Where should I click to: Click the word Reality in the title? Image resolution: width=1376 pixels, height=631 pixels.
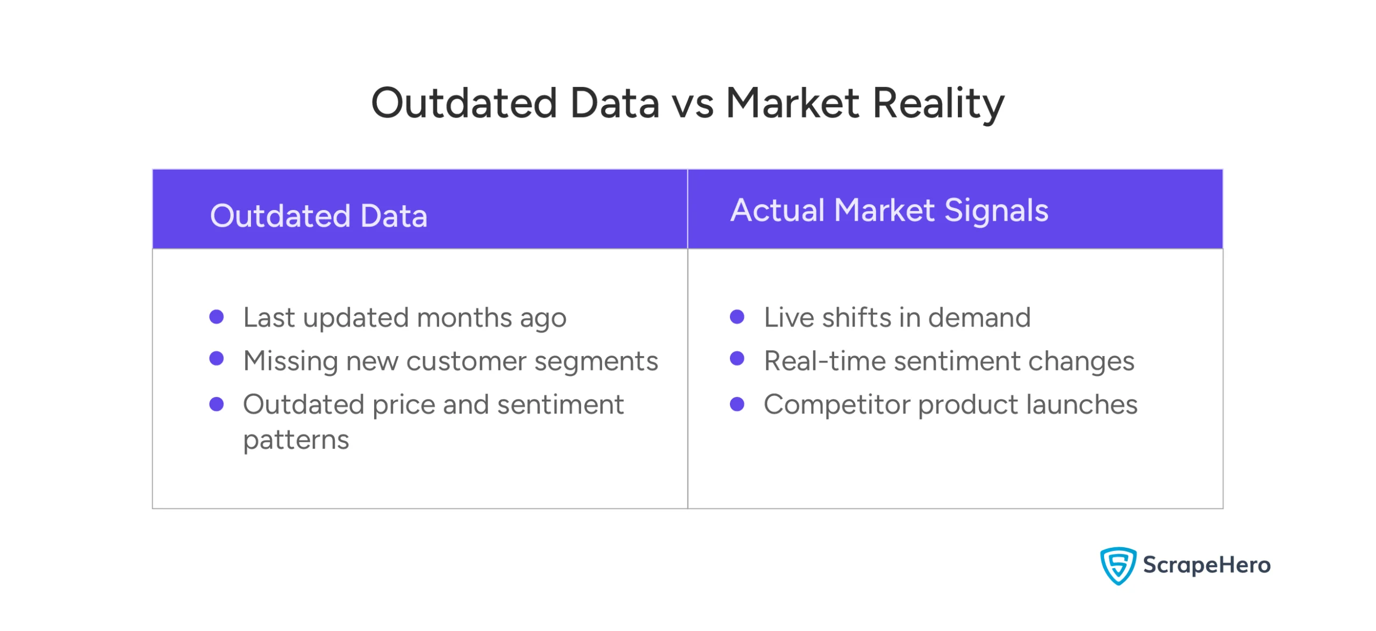(937, 103)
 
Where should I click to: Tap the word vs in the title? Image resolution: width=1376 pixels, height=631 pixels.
(693, 103)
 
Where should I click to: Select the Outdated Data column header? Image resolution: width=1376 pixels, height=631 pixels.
(318, 216)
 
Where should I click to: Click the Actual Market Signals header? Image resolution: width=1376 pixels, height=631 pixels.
(889, 210)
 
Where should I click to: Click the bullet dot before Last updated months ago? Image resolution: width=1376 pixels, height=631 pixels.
(216, 317)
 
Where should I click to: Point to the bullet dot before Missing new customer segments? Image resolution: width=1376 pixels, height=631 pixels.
(216, 359)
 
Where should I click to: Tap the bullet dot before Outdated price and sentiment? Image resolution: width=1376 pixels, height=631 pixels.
(216, 404)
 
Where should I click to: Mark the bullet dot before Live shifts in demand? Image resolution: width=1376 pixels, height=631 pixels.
(737, 317)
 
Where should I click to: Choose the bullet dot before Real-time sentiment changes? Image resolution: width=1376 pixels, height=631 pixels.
(737, 359)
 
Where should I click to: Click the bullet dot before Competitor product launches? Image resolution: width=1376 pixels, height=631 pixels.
(737, 404)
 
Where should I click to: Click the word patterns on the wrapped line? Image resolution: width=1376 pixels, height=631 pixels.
(296, 440)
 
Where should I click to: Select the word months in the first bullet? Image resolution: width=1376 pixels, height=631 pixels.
(463, 317)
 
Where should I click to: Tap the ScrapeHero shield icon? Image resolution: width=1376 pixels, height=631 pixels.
(1117, 565)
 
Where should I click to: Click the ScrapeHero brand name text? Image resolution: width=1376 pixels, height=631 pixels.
(1206, 565)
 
